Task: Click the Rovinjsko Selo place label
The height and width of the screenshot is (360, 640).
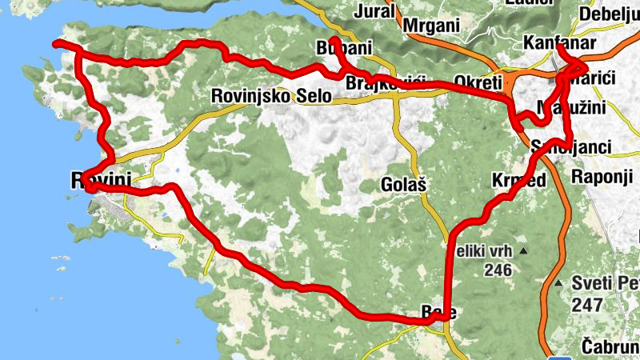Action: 270,96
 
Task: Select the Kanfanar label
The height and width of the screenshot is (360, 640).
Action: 557,42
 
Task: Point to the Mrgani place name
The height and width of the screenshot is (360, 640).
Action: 432,25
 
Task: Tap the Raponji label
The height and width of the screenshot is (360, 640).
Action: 601,176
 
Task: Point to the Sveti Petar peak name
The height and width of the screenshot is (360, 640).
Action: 606,284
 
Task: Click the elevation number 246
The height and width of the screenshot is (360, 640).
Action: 497,270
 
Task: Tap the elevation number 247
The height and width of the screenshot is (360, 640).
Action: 586,305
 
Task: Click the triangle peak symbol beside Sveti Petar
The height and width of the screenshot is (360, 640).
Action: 558,284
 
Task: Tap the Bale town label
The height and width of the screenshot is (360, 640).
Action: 438,313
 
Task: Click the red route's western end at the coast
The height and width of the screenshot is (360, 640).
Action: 54,42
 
